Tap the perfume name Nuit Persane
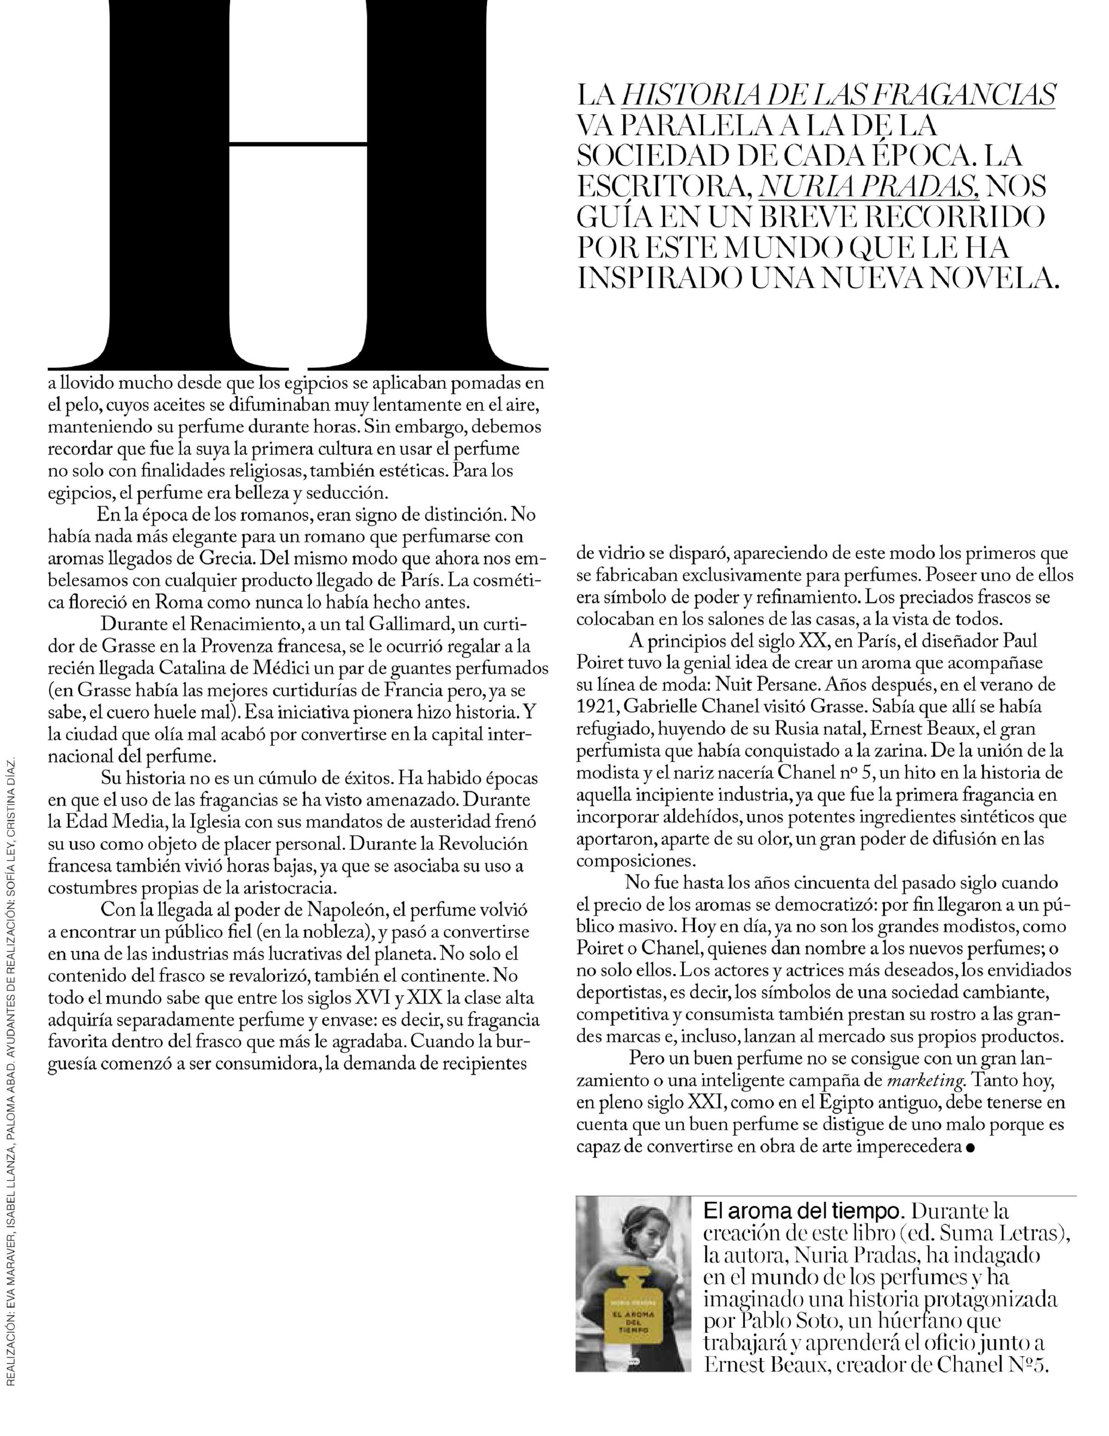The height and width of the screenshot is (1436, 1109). [762, 684]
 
